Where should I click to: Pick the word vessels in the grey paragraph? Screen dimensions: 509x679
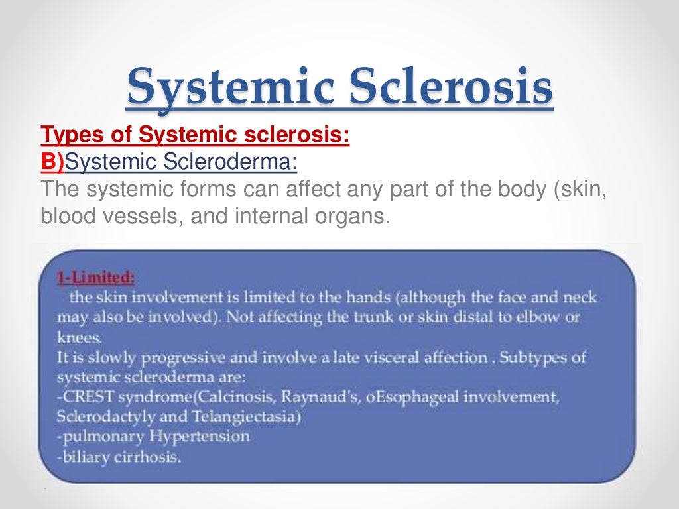click(x=137, y=216)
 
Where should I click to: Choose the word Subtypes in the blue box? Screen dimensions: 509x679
click(x=538, y=357)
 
